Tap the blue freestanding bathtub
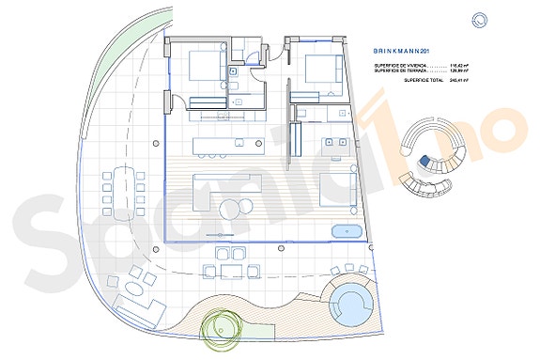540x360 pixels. (347, 231)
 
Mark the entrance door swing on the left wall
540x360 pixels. (175, 103)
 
